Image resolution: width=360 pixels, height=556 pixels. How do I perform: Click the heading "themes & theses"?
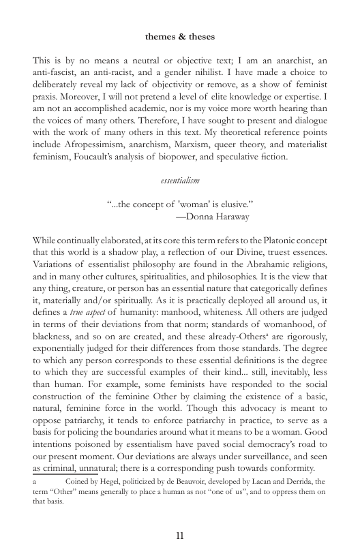(179, 35)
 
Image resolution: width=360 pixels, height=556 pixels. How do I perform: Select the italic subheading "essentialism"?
(180, 182)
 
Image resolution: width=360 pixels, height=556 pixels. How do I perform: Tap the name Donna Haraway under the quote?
(217, 217)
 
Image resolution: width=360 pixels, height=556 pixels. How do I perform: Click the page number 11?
(180, 535)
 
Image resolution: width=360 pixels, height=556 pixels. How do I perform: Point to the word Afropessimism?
(93, 145)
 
